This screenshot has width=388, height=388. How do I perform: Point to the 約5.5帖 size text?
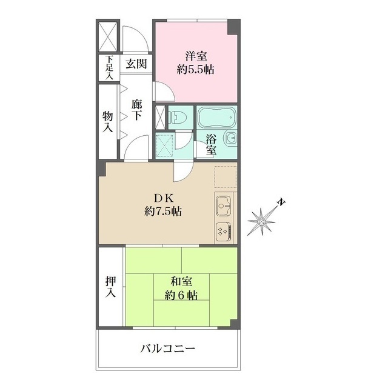click(x=196, y=70)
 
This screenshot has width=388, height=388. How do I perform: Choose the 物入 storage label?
click(x=109, y=121)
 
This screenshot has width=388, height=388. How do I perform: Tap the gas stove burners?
click(x=223, y=232)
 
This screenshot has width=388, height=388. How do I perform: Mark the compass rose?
click(x=261, y=222)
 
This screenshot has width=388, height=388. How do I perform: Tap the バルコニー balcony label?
click(x=168, y=349)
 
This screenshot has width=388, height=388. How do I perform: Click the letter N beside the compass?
click(x=281, y=201)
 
